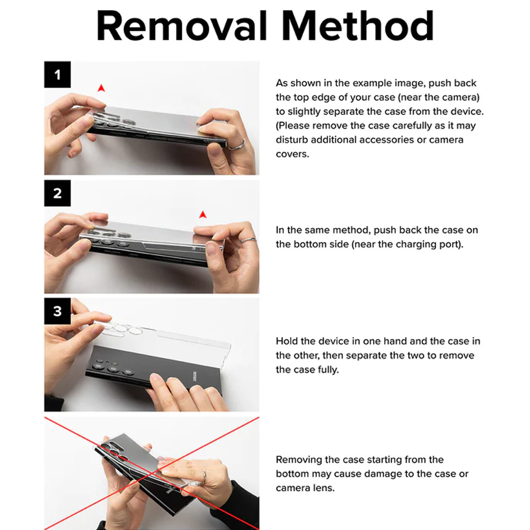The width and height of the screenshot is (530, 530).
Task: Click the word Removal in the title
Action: (182, 26)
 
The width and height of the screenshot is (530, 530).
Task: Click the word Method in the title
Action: (357, 26)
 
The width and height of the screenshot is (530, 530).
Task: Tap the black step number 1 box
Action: (57, 74)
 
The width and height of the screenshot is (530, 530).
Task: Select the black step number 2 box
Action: (57, 193)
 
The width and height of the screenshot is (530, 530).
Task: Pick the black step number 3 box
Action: (57, 311)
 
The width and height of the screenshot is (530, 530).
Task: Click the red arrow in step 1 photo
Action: (101, 88)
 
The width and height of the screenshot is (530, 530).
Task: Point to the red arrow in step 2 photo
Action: (202, 215)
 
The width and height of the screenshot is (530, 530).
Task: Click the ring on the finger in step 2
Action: (248, 240)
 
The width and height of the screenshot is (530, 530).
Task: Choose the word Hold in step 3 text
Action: (287, 341)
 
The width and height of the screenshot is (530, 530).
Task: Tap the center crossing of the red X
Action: (152, 473)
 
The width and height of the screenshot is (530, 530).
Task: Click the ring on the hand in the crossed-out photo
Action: (204, 476)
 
